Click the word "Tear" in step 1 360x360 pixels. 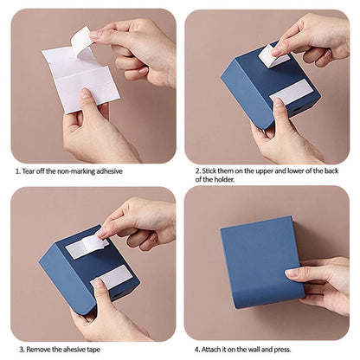coord(29,171)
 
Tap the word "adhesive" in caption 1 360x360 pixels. coord(109,171)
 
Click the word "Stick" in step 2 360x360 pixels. coord(209,170)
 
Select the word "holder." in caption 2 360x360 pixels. coord(224,179)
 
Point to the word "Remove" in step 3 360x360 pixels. coord(39,350)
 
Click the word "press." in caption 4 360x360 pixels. coord(282,350)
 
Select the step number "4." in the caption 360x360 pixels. coord(197,350)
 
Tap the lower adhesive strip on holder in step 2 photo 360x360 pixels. coord(290,92)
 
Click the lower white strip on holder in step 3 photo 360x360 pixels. coord(112,277)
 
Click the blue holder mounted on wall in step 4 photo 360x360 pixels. coord(262,262)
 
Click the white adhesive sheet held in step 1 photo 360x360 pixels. coord(81,78)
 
